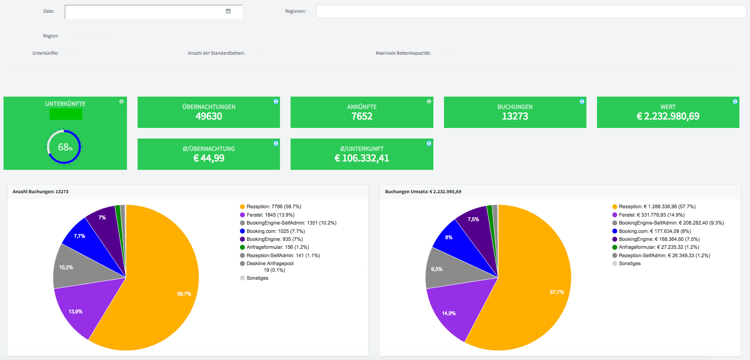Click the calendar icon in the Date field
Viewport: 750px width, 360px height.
[x=228, y=11]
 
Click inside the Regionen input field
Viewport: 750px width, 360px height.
[x=531, y=12]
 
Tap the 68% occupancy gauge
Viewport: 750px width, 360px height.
[x=64, y=146]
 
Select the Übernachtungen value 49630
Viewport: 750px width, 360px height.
[x=209, y=116]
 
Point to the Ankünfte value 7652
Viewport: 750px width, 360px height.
[x=362, y=116]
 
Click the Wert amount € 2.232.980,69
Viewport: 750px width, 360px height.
[x=668, y=116]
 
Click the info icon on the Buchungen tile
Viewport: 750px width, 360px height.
[x=582, y=101]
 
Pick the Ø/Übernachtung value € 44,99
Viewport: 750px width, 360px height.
[x=209, y=158]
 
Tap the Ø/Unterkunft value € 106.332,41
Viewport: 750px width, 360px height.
[x=362, y=158]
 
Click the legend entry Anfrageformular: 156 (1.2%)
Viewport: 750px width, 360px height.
[x=275, y=247]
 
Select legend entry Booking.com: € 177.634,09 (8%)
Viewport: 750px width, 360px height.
[x=652, y=231]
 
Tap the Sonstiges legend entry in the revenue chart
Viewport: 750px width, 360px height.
[x=627, y=263]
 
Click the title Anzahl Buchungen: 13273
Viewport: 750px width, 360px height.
[x=41, y=191]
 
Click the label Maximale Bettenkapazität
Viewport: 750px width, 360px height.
[x=403, y=53]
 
